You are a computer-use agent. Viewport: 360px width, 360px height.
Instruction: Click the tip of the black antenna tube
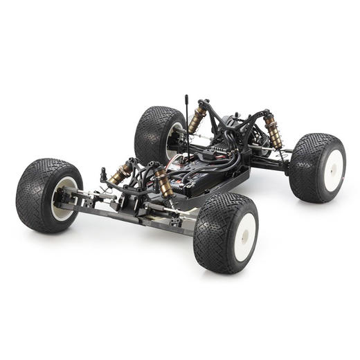coord(186,96)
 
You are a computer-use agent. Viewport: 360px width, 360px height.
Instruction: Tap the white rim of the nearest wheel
coord(244,237)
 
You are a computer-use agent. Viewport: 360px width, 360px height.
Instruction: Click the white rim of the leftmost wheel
coord(64,198)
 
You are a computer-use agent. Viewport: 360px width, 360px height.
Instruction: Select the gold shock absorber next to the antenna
coord(197,119)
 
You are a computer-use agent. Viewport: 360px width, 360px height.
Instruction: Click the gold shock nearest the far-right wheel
coord(273,131)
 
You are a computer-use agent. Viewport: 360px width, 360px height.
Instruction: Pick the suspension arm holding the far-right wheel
coord(273,161)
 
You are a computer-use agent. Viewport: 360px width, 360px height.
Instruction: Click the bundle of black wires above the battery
coord(208,163)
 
